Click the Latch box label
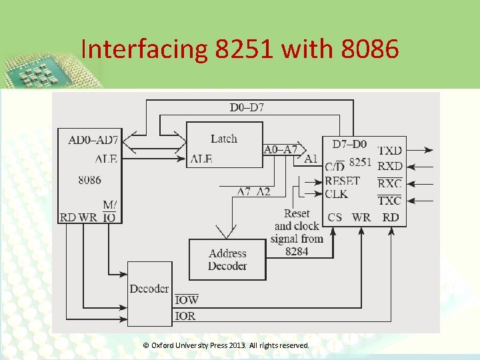pyautogui.click(x=223, y=139)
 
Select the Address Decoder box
pyautogui.click(x=227, y=259)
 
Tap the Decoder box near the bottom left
pyautogui.click(x=149, y=289)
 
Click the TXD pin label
pyautogui.click(x=390, y=151)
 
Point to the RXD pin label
pyautogui.click(x=390, y=166)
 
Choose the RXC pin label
pyautogui.click(x=390, y=183)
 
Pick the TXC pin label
pyautogui.click(x=390, y=200)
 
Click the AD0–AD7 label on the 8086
pyautogui.click(x=93, y=140)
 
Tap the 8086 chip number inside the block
pyautogui.click(x=89, y=179)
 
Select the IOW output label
pyautogui.click(x=186, y=300)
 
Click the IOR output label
pyautogui.click(x=185, y=315)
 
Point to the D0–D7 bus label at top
pyautogui.click(x=247, y=107)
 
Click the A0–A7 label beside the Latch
pyautogui.click(x=281, y=149)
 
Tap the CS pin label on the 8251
pyautogui.click(x=335, y=217)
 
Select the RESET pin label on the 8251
pyautogui.click(x=342, y=181)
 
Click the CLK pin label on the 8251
pyautogui.click(x=336, y=194)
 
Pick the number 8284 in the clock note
pyautogui.click(x=297, y=251)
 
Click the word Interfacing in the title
pyautogui.click(x=143, y=49)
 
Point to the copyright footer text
pyautogui.click(x=226, y=345)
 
